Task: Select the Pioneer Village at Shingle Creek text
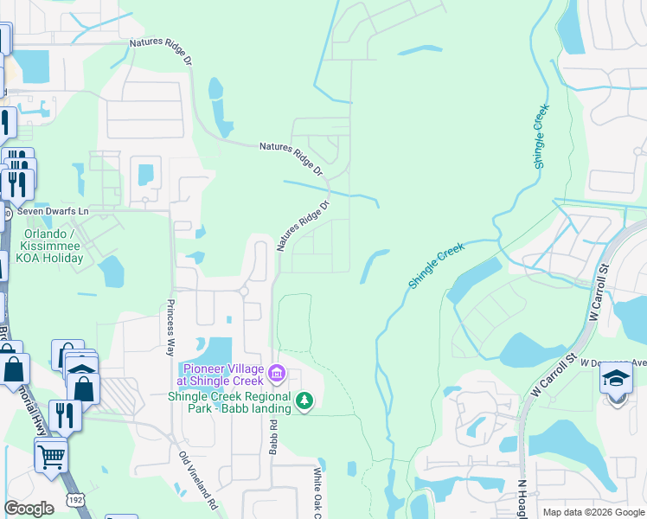220,375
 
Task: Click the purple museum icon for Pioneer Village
277,374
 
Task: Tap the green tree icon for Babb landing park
304,400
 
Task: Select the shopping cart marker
51,454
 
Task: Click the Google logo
29,509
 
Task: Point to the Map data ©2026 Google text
593,512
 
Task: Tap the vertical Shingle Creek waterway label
541,139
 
